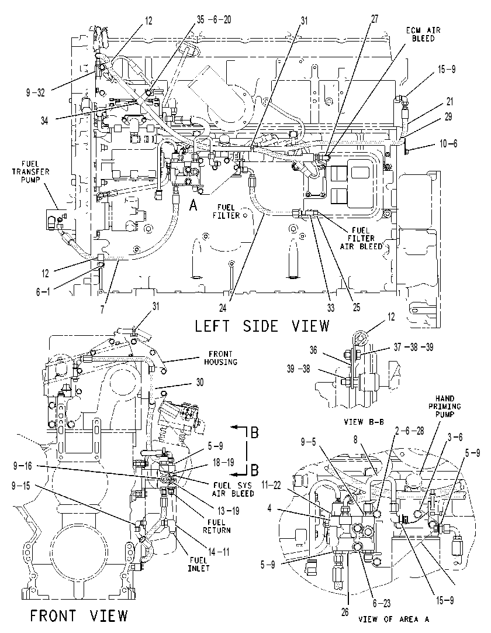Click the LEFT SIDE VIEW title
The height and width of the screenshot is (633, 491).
[x=262, y=326]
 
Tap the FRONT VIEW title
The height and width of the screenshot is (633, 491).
[x=79, y=615]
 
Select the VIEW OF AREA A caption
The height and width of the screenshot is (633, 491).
[x=393, y=619]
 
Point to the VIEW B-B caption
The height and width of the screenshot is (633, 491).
[x=364, y=422]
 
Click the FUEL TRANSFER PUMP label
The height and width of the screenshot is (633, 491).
[x=30, y=171]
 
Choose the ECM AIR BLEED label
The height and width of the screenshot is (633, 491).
[x=423, y=35]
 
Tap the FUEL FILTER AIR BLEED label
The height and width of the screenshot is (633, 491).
[x=361, y=238]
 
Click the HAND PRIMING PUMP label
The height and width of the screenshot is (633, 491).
[x=445, y=406]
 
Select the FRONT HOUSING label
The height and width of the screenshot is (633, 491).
[x=220, y=358]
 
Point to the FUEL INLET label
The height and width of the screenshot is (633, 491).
[x=199, y=564]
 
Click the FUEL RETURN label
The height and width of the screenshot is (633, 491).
[x=217, y=526]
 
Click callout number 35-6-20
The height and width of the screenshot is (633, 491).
[x=214, y=19]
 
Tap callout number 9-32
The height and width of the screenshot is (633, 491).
[x=36, y=93]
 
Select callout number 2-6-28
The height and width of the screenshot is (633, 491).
[x=410, y=431]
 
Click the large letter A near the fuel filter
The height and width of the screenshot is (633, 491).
[x=193, y=206]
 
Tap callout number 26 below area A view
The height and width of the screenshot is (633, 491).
[x=345, y=612]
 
